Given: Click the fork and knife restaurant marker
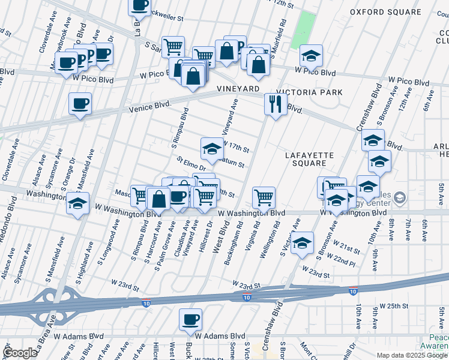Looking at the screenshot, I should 276,103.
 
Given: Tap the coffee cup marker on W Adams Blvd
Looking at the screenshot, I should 190,319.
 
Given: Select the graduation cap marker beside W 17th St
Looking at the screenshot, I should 211,148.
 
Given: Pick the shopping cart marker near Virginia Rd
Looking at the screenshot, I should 264,197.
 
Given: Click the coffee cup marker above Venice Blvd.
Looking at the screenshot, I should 80,104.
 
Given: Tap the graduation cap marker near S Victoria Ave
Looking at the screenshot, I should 303,242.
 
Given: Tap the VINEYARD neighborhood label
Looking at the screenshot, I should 238,89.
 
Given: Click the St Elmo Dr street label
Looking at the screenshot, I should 191,163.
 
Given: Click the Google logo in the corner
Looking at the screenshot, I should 20,353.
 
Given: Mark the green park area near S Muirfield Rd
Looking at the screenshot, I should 307,24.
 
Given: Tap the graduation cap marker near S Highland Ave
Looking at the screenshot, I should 78,203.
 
